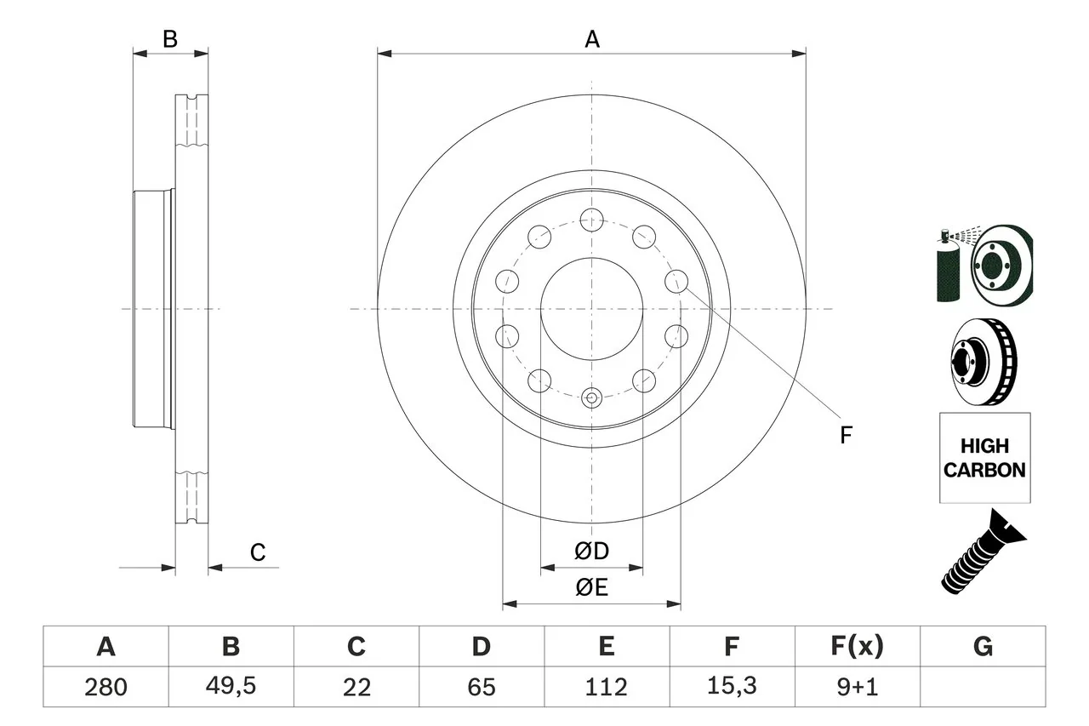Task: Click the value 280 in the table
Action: (x=105, y=687)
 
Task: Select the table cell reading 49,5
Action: (x=231, y=687)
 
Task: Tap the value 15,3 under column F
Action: (x=731, y=687)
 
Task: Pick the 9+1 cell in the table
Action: (x=857, y=687)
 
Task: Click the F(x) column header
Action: (x=857, y=647)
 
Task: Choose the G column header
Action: (x=983, y=647)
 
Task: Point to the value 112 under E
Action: (x=606, y=687)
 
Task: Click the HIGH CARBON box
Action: (x=984, y=458)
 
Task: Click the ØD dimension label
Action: (x=592, y=552)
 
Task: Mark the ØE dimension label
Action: (x=592, y=588)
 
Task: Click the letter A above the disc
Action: (x=592, y=39)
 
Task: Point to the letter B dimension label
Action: (x=170, y=39)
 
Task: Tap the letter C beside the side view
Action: (x=258, y=553)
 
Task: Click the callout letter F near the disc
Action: (x=846, y=436)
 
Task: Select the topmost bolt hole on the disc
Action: (x=591, y=221)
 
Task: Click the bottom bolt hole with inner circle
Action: (x=592, y=397)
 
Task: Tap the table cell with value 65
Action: (x=481, y=687)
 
